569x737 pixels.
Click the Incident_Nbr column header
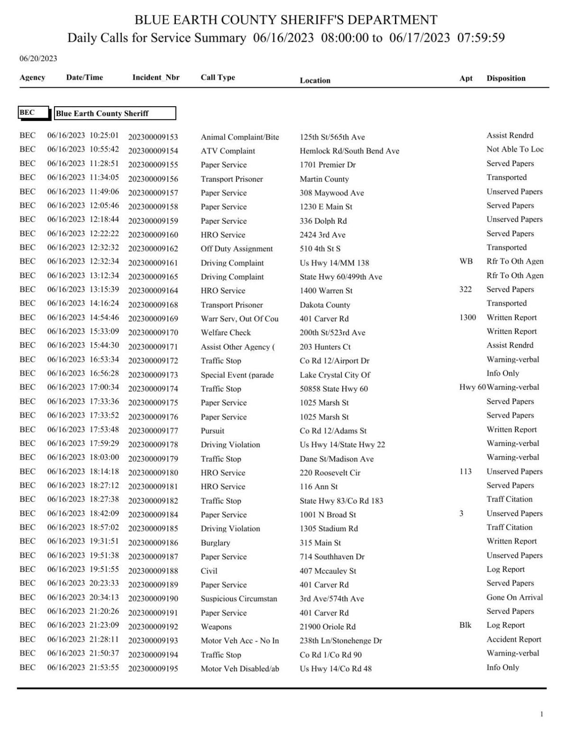click(x=156, y=77)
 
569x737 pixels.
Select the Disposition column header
click(x=505, y=78)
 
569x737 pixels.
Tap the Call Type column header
click(x=218, y=77)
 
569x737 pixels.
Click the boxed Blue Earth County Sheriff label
click(x=115, y=113)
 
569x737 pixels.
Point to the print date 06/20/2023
click(x=38, y=58)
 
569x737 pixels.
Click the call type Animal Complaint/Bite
click(x=239, y=137)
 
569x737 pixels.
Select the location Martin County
click(x=324, y=179)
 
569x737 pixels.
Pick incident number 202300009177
click(x=153, y=431)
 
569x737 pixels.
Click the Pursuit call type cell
click(x=212, y=431)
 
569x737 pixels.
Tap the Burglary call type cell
click(x=215, y=543)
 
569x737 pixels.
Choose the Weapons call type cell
click(x=216, y=626)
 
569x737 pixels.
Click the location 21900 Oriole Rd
click(x=327, y=626)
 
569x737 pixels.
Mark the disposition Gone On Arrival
click(x=514, y=597)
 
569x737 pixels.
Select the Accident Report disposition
click(x=514, y=639)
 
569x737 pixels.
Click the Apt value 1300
click(x=467, y=317)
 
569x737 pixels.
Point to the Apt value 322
click(x=465, y=289)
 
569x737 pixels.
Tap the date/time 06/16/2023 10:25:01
click(x=83, y=136)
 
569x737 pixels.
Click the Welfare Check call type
click(x=226, y=332)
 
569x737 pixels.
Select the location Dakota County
click(x=324, y=305)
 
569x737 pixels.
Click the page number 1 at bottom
click(x=541, y=714)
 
